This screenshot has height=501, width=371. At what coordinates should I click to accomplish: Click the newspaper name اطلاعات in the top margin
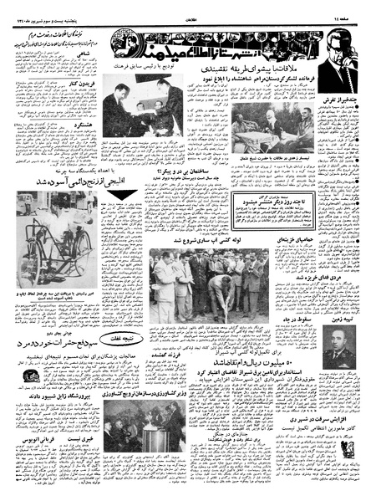tap(185, 8)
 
